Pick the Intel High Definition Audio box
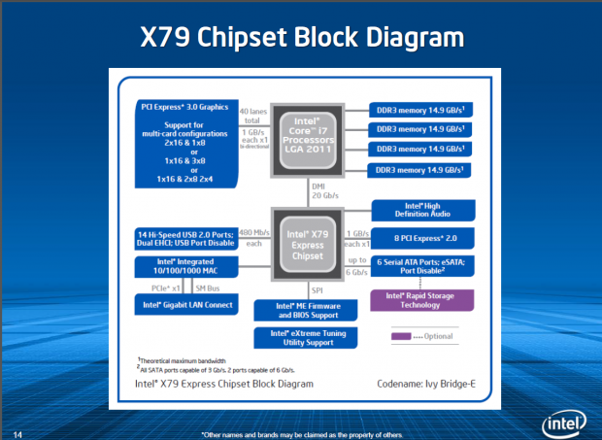(422, 211)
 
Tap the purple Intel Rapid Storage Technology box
(422, 298)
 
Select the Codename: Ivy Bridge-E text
(427, 384)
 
